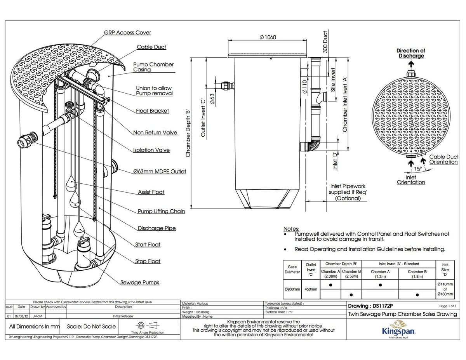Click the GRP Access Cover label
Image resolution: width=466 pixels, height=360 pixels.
click(x=127, y=33)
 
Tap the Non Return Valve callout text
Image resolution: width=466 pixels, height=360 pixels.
click(x=155, y=132)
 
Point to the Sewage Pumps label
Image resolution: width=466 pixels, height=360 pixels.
click(x=139, y=282)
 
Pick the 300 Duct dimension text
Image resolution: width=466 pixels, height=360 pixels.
click(x=325, y=42)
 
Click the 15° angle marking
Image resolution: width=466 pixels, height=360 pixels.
click(x=417, y=169)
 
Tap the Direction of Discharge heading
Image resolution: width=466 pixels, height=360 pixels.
click(x=410, y=53)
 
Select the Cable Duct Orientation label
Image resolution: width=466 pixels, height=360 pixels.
click(x=443, y=159)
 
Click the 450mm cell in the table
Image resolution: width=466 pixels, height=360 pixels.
click(x=311, y=289)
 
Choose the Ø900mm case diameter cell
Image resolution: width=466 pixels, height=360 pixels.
click(x=292, y=289)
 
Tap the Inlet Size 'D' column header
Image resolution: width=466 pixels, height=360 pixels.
click(x=445, y=270)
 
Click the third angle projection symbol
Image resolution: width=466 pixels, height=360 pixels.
click(x=147, y=325)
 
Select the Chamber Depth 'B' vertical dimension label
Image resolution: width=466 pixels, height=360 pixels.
click(x=188, y=132)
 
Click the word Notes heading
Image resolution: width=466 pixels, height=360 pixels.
click(x=291, y=229)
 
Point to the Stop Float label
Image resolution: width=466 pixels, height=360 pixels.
click(x=148, y=261)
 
